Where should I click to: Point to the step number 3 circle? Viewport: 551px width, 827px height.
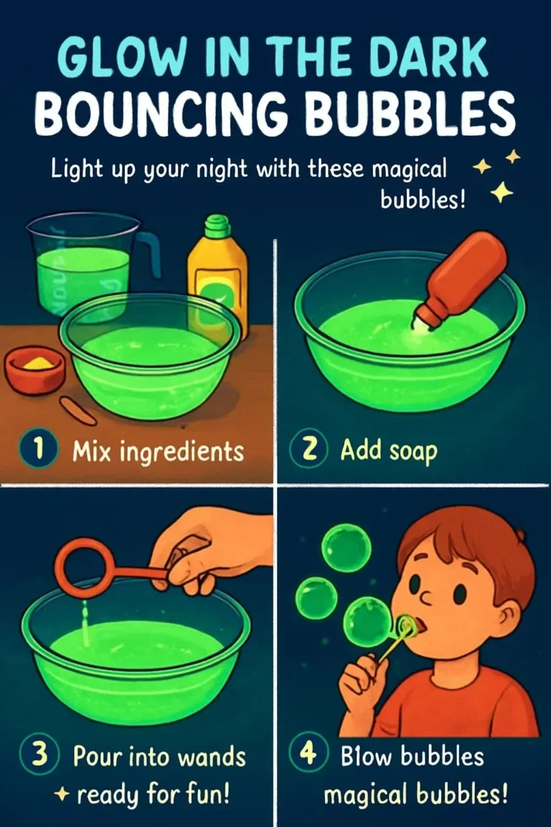39,754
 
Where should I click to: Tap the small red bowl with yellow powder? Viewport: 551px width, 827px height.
35,370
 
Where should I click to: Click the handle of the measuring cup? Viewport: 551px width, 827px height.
150,256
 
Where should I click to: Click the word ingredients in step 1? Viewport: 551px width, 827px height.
182,452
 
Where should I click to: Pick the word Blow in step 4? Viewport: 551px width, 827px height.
366,757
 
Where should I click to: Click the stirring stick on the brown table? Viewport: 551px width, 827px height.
77,411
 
